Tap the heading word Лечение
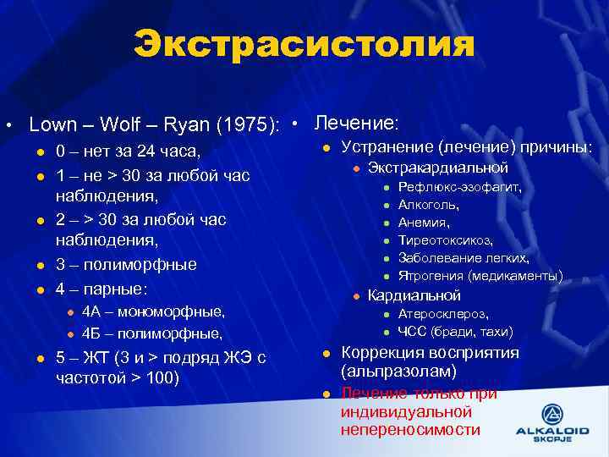click(x=355, y=123)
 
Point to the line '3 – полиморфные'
click(x=126, y=264)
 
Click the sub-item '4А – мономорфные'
click(x=153, y=311)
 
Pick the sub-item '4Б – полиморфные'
click(x=152, y=333)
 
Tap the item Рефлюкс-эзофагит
click(x=460, y=187)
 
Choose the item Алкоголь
click(x=429, y=205)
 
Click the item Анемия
click(x=424, y=223)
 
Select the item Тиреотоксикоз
click(x=445, y=240)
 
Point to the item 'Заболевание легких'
click(x=464, y=258)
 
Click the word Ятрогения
click(x=430, y=276)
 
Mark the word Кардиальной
click(x=414, y=295)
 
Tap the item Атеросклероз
click(x=442, y=314)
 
